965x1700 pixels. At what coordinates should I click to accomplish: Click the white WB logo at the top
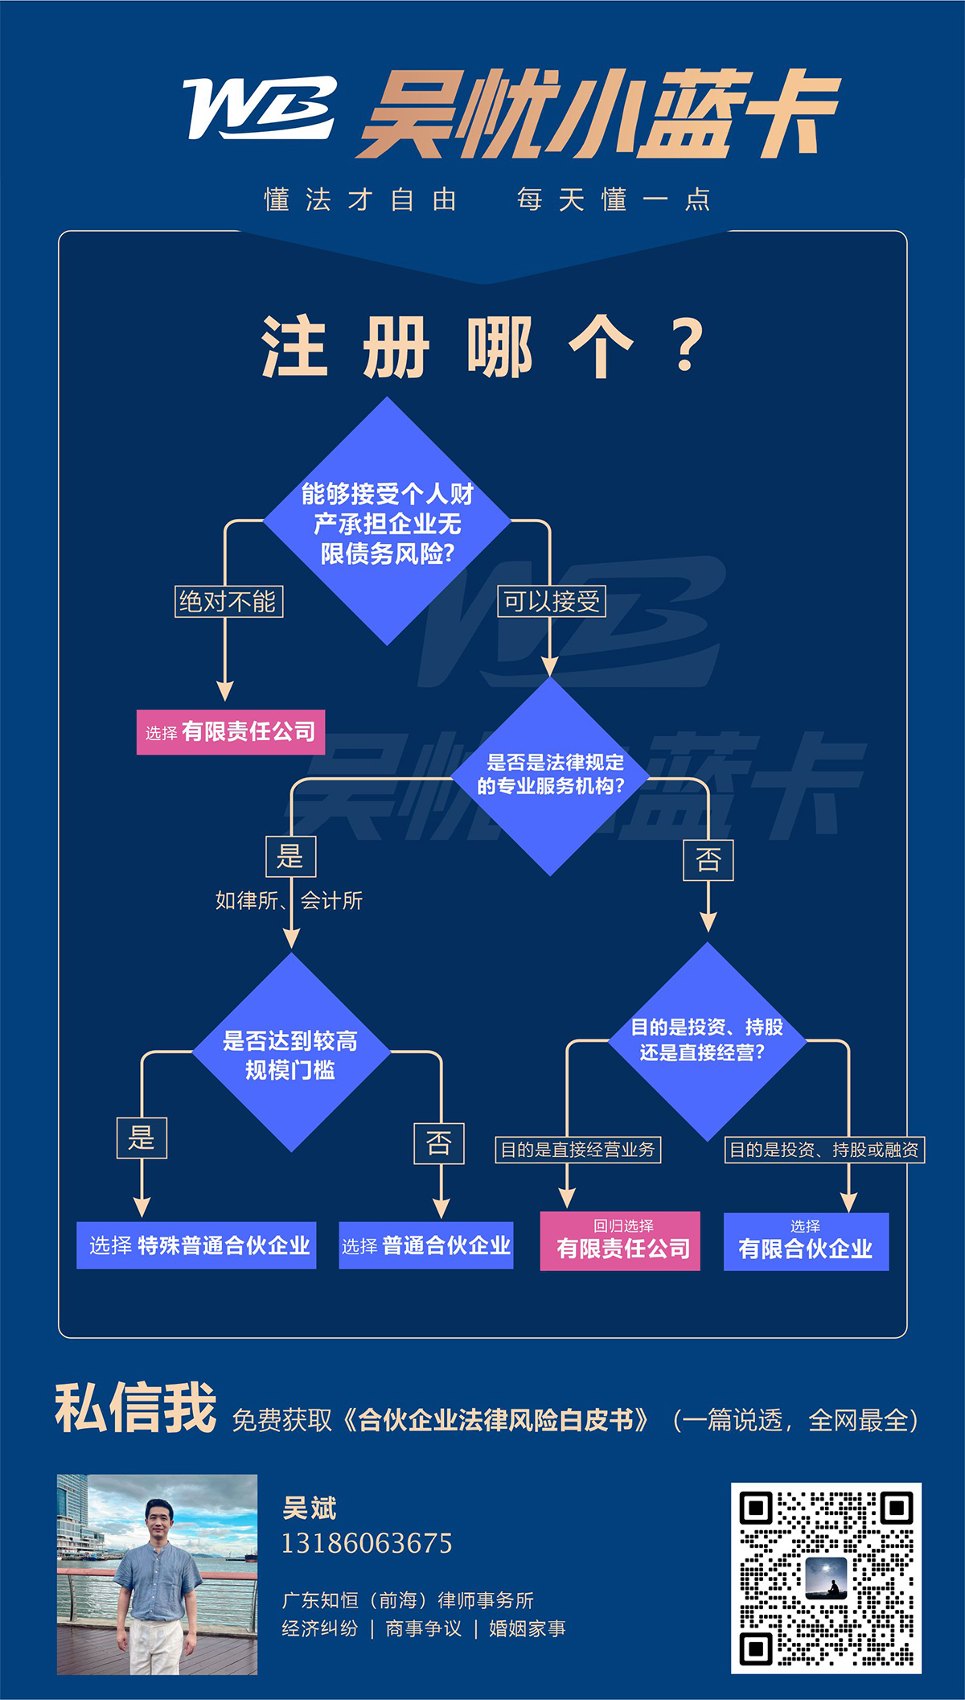[x=259, y=108]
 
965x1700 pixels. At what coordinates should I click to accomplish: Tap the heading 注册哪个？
[x=482, y=347]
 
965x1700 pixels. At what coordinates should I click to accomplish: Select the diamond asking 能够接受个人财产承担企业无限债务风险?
[x=388, y=522]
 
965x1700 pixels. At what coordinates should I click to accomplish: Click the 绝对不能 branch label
[x=228, y=601]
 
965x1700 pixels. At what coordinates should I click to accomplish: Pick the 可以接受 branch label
[x=552, y=601]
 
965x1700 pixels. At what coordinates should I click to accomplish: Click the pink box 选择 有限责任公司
[x=231, y=731]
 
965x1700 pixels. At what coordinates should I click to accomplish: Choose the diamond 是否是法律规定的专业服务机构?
[x=550, y=775]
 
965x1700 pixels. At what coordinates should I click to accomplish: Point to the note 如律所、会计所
[x=289, y=900]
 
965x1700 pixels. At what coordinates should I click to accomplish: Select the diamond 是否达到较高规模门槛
[x=291, y=1054]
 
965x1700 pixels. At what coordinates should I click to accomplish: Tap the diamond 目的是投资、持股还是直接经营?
[x=707, y=1040]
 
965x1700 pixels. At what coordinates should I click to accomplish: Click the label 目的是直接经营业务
[x=577, y=1150]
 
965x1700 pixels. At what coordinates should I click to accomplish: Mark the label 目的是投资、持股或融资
[x=824, y=1150]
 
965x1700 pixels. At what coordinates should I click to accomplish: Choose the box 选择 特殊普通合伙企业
[x=196, y=1245]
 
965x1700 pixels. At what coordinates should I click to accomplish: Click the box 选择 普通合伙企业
[x=426, y=1245]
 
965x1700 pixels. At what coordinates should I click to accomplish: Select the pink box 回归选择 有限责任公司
[x=620, y=1241]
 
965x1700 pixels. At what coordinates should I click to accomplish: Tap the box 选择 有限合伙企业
[x=806, y=1241]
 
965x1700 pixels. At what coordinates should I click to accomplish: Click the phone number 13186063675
[x=367, y=1543]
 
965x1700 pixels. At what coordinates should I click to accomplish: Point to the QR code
[x=826, y=1578]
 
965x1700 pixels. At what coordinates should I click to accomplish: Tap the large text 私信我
[x=135, y=1409]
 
